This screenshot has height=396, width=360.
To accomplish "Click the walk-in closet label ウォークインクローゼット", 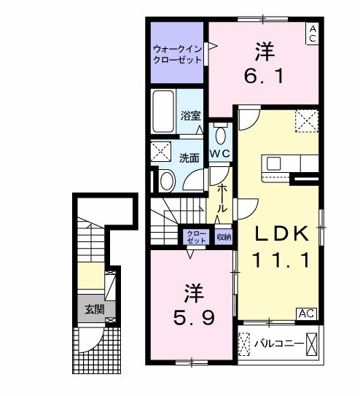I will click(176, 55).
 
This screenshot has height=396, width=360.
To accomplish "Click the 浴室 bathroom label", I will click(190, 114).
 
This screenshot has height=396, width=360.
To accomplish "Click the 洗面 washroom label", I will click(190, 157).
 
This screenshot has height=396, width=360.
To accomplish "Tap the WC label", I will click(221, 154).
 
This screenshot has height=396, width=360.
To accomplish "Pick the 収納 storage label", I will click(224, 236).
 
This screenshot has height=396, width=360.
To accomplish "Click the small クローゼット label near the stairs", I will click(193, 236).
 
